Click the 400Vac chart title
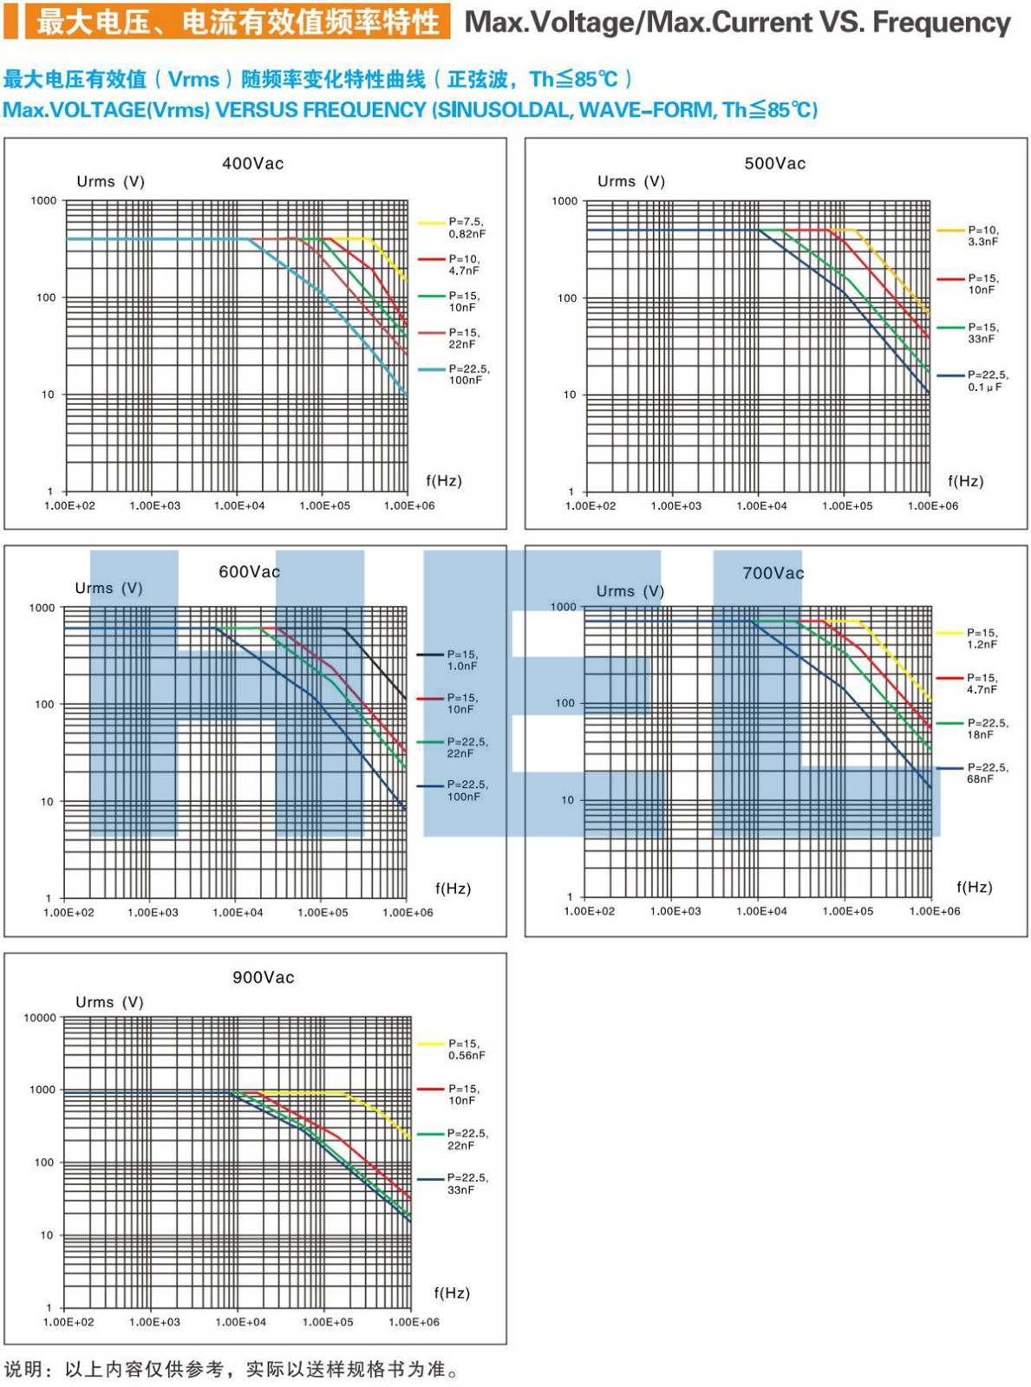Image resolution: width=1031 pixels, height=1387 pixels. coord(252,163)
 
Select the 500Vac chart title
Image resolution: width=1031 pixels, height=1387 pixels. coord(774,163)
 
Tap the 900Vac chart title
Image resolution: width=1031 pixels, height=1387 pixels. coord(263,977)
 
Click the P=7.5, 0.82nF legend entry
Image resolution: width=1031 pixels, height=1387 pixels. coord(467,228)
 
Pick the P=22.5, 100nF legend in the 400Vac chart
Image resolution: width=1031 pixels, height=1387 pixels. coord(468,374)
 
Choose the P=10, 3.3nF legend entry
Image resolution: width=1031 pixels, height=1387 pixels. coord(983,236)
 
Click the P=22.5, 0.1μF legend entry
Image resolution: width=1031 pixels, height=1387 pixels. coord(988,381)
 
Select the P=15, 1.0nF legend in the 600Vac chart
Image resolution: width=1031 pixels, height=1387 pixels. coord(462,661)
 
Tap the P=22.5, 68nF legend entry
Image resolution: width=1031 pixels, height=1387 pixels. coord(988,773)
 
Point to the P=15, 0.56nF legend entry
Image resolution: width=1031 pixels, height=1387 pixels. coord(466,1050)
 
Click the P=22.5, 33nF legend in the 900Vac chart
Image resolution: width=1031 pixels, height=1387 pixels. coord(467,1183)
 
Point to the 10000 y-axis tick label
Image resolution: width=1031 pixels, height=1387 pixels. coord(40,1018)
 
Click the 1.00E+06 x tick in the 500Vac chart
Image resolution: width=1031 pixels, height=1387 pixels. coord(933,505)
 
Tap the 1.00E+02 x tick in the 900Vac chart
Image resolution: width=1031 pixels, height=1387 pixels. coord(69,1322)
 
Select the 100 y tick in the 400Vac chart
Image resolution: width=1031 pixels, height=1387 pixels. coord(46,297)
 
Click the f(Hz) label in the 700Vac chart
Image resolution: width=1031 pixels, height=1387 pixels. coord(974,887)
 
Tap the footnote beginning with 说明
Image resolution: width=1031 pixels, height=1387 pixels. coord(232,1369)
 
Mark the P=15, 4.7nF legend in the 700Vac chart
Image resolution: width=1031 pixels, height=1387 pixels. coord(983,684)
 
